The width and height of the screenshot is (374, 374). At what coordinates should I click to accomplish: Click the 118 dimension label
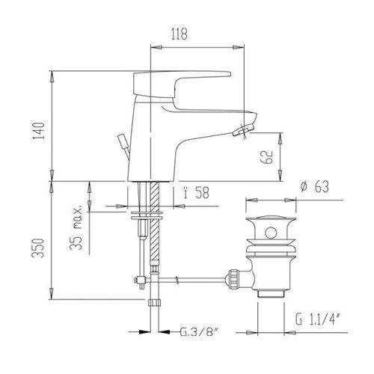[x=179, y=34]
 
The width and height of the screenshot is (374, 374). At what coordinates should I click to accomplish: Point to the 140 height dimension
[x=39, y=131]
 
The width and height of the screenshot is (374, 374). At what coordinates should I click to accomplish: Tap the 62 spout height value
[x=266, y=156]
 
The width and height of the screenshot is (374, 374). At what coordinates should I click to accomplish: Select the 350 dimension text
[x=39, y=248]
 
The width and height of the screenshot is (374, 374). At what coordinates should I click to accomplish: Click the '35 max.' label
[x=76, y=227]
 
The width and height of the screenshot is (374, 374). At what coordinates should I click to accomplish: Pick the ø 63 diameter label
[x=315, y=186]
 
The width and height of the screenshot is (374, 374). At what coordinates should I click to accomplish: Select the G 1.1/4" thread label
[x=318, y=319]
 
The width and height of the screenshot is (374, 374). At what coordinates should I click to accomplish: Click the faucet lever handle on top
[x=182, y=84]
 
